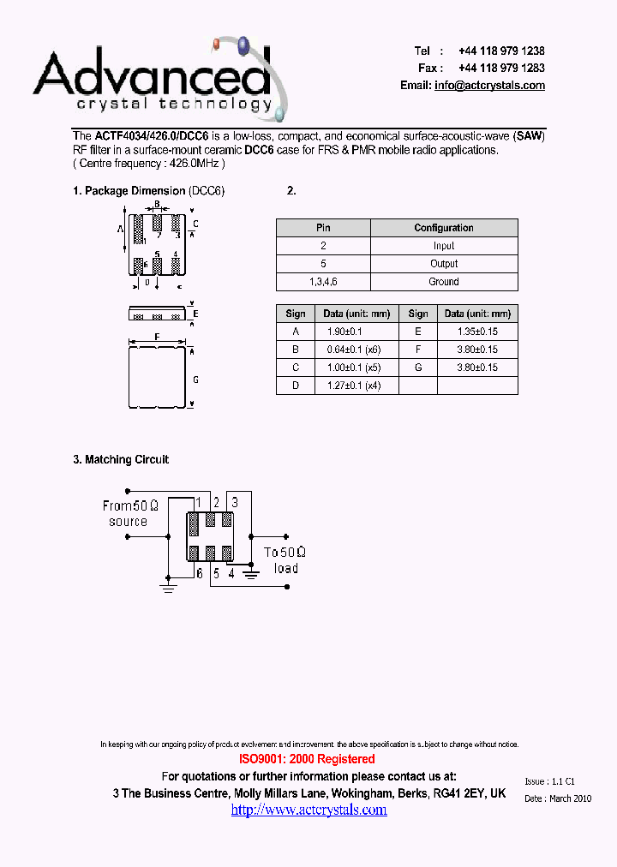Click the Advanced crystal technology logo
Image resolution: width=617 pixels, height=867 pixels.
[154, 81]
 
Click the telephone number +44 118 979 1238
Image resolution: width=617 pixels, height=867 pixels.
[501, 51]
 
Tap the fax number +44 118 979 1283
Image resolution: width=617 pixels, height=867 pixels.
[501, 68]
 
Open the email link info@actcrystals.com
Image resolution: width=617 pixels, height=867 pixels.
[489, 85]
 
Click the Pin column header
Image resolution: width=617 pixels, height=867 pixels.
[323, 228]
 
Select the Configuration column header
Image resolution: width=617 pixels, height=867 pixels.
[444, 228]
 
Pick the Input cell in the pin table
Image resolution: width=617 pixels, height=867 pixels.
[444, 246]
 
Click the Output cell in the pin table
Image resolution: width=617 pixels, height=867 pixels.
[444, 264]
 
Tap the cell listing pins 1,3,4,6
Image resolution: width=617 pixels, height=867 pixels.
[323, 282]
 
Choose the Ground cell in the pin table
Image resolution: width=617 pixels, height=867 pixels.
[444, 282]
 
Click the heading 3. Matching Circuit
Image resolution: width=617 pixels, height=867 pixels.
[121, 460]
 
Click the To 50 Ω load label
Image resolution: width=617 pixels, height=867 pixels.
[285, 560]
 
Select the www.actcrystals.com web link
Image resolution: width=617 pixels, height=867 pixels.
[308, 810]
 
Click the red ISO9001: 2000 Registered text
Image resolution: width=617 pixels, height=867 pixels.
[306, 759]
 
